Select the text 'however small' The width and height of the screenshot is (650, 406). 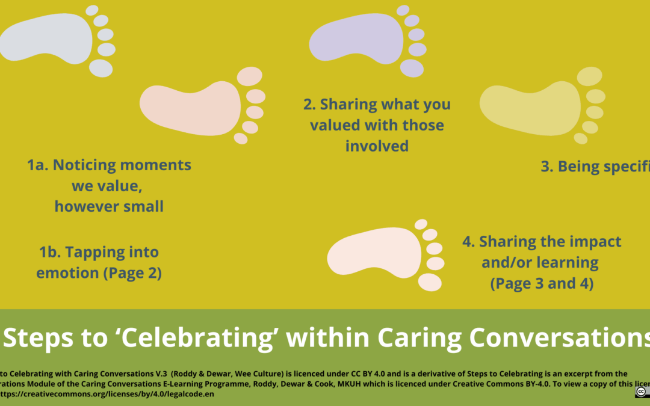pyautogui.click(x=109, y=206)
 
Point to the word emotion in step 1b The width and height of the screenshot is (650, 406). pyautogui.click(x=67, y=272)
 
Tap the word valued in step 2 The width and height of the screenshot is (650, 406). pyautogui.click(x=335, y=125)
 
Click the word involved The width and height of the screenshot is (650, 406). pyautogui.click(x=377, y=146)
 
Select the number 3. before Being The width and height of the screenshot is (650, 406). pyautogui.click(x=547, y=167)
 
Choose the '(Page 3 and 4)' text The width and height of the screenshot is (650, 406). pyautogui.click(x=542, y=283)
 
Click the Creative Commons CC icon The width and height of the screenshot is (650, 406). pyautogui.click(x=642, y=392)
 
